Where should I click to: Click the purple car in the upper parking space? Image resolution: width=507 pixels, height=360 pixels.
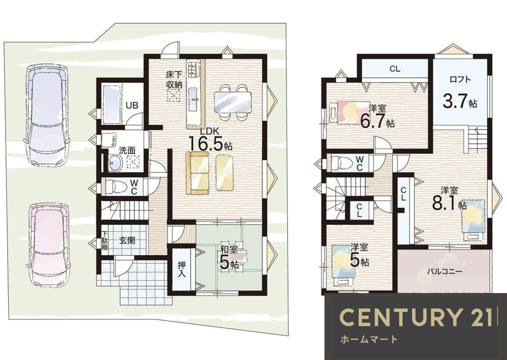tap(46, 115)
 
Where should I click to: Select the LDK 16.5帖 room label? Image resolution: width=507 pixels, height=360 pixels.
tap(210, 139)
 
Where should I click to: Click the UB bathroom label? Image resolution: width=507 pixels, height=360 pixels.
tap(132, 105)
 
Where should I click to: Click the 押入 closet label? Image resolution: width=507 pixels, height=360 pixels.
tap(182, 269)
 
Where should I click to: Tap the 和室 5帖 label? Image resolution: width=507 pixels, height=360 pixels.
tap(229, 258)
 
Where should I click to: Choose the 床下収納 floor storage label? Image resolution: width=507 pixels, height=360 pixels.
tap(174, 80)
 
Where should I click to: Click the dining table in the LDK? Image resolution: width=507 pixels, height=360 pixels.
tap(233, 102)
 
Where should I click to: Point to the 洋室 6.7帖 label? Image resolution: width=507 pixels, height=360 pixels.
tap(377, 116)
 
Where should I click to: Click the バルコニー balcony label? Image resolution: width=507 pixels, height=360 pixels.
tap(440, 271)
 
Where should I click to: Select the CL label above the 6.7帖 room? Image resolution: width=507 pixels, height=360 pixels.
tap(395, 68)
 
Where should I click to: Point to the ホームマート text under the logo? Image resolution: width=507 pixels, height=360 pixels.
tap(369, 339)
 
